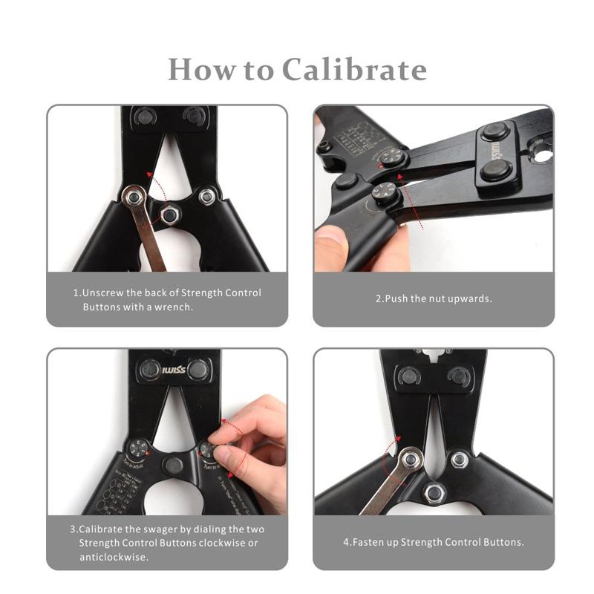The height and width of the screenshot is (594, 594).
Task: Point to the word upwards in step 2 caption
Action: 471,299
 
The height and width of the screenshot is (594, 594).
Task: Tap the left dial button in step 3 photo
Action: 137,448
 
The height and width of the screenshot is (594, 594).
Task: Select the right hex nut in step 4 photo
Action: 459,460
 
